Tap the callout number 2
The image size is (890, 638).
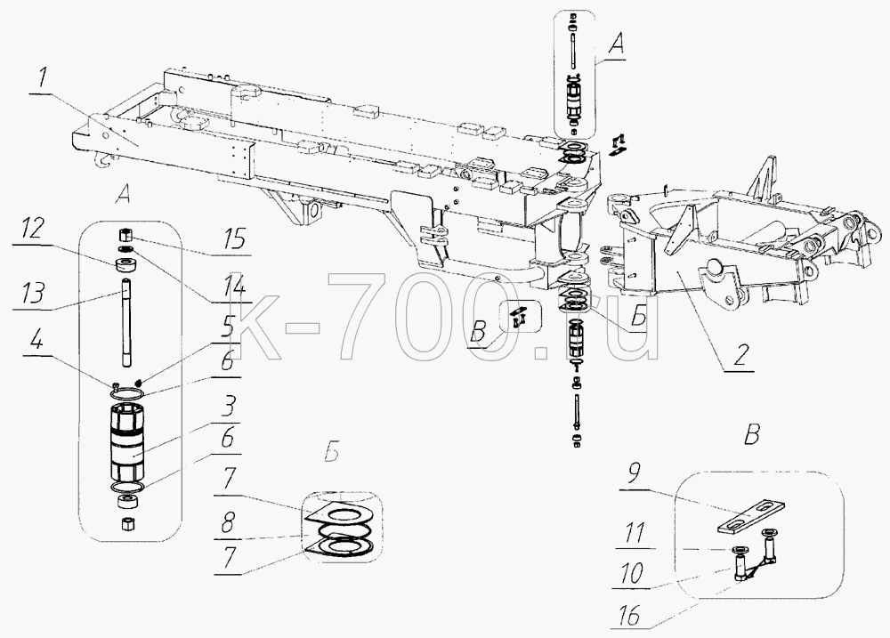[x=740, y=355]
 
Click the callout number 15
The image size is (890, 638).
[x=233, y=238]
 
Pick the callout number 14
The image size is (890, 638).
[x=234, y=287]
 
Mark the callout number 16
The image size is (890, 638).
[x=627, y=614]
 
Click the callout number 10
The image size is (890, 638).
[x=632, y=573]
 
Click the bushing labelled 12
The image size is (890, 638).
[x=126, y=265]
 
